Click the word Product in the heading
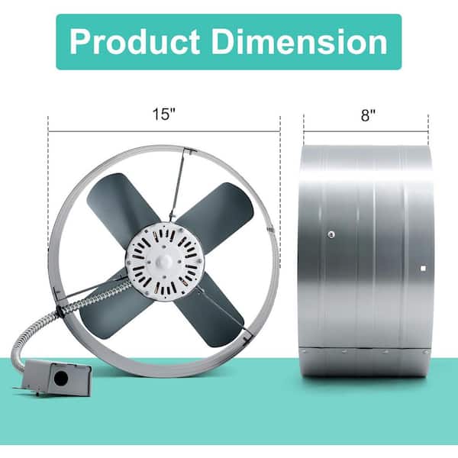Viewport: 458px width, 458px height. [x=134, y=41]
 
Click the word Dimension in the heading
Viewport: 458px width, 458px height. [x=299, y=41]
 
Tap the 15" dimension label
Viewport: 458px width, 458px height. [x=164, y=114]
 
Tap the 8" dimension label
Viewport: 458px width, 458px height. [x=368, y=115]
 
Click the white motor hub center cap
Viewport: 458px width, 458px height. [x=163, y=260]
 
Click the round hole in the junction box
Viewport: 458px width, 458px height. [x=61, y=379]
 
